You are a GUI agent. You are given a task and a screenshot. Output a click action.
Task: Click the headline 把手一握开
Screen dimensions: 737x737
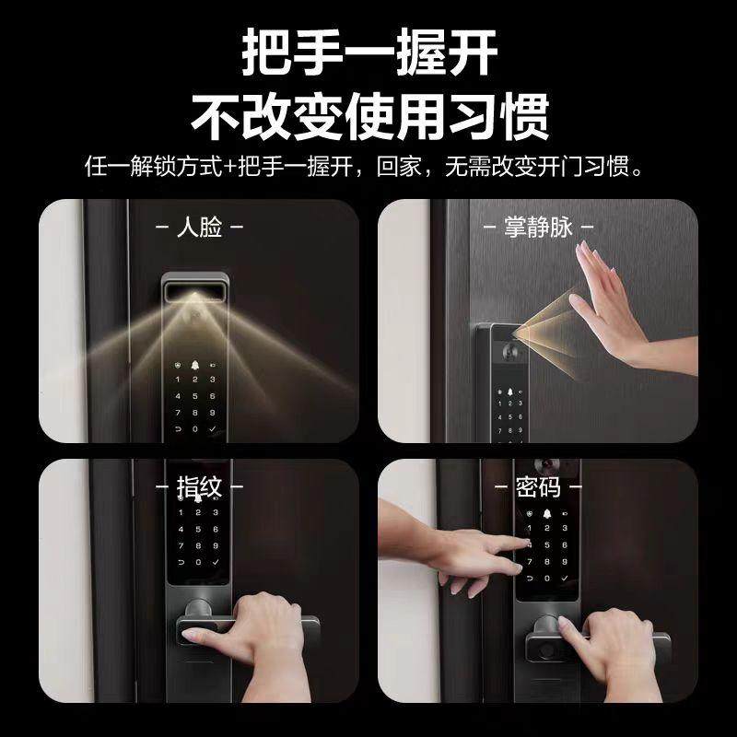click(369, 52)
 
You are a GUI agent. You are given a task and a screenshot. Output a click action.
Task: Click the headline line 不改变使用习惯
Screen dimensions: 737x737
click(370, 117)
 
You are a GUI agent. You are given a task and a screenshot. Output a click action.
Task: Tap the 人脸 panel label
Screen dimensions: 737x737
click(199, 227)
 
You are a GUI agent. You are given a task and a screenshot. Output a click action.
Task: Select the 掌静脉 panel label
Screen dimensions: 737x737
click(539, 227)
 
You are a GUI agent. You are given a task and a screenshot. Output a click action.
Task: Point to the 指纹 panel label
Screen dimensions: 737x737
click(199, 487)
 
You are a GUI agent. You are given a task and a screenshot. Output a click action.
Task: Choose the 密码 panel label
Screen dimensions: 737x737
click(538, 487)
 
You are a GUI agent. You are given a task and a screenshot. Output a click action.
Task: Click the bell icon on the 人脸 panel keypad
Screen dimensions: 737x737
click(195, 365)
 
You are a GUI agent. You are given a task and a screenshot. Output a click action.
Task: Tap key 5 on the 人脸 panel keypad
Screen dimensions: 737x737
click(195, 396)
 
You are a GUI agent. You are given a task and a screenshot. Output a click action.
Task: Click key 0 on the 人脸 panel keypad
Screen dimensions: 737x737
click(195, 429)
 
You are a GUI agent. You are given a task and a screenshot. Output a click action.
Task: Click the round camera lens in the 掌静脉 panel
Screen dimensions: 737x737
click(509, 351)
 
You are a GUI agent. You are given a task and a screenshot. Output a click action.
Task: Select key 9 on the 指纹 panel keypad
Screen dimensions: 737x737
click(216, 545)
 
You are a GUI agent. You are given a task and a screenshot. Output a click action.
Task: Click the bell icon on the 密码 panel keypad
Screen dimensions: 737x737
click(546, 514)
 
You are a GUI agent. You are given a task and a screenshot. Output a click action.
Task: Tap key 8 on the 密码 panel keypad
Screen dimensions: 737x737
click(547, 562)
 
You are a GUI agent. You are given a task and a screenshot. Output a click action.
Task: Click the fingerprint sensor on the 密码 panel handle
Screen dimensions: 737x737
click(546, 650)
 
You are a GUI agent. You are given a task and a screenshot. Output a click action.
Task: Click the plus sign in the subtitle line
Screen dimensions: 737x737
click(230, 167)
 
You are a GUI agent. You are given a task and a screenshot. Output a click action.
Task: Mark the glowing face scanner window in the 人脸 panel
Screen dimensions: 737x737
click(194, 291)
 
